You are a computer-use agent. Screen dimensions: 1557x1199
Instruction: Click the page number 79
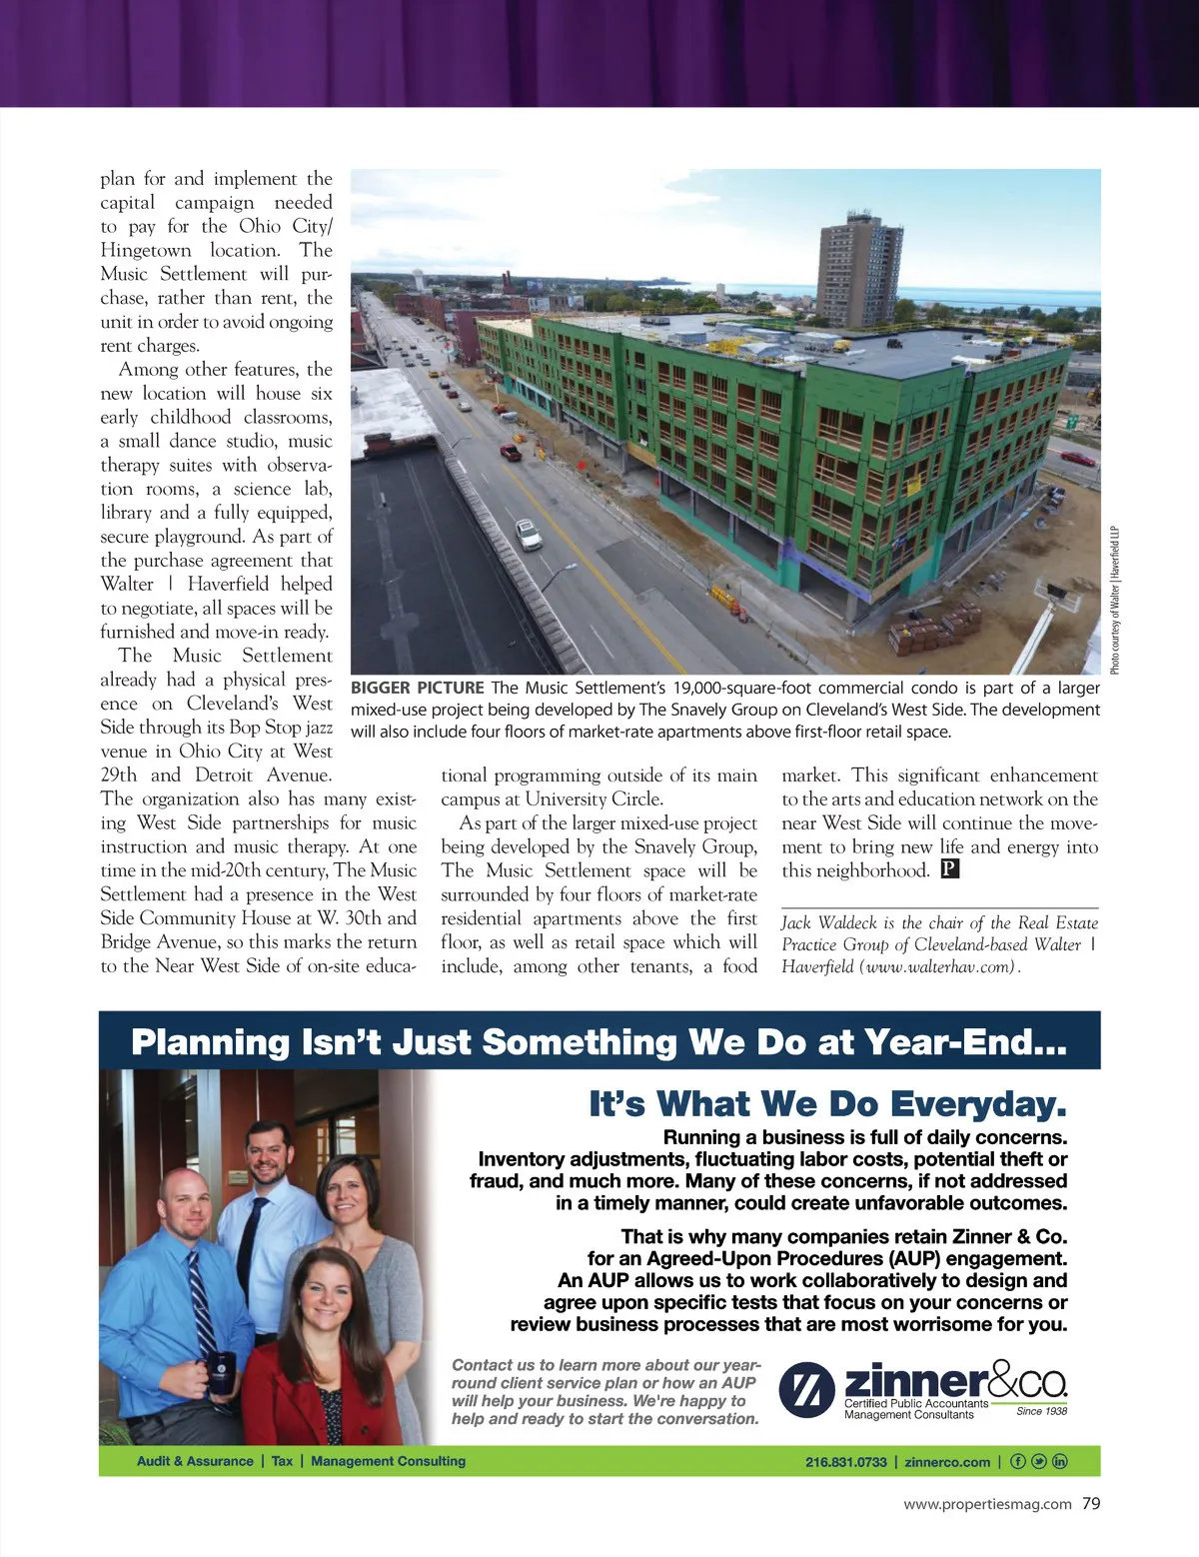(1091, 1503)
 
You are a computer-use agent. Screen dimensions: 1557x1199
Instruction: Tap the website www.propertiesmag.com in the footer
(987, 1504)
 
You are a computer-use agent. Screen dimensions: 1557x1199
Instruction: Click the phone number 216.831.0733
(845, 1461)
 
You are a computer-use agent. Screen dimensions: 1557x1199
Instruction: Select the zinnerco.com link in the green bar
(947, 1461)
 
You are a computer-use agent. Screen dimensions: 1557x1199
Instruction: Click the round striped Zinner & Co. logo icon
(806, 1389)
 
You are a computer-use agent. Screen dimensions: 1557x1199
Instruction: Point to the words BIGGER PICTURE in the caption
(417, 688)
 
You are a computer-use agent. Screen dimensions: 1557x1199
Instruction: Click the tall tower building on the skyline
(859, 270)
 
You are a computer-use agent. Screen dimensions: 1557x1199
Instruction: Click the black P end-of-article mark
(949, 869)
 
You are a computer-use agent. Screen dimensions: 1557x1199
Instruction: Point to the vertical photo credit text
(1115, 600)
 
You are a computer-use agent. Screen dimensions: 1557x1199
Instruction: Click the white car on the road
(529, 534)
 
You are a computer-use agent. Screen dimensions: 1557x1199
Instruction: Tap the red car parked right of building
(1077, 459)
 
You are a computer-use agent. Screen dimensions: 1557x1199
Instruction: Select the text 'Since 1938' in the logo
(1041, 1411)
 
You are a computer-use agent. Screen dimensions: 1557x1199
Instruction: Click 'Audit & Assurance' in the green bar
(195, 1461)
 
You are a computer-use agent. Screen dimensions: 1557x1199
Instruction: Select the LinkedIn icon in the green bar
(1060, 1461)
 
